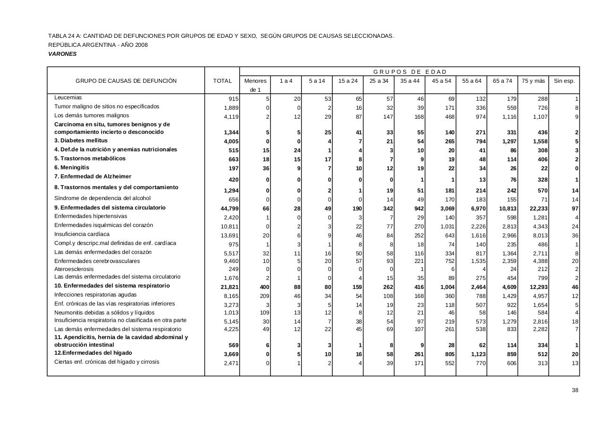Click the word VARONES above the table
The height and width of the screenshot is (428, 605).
tap(62, 54)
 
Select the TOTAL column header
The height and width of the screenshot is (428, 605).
tap(222, 81)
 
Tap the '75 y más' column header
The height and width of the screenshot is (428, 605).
tap(533, 81)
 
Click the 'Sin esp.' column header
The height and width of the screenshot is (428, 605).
tap(564, 81)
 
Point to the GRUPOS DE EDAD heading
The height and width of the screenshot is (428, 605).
tap(410, 72)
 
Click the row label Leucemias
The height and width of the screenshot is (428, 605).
tap(68, 97)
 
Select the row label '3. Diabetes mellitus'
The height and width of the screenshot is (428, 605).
tap(81, 140)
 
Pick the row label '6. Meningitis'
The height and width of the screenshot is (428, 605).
tap(72, 167)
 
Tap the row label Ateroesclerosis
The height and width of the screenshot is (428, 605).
tap(74, 269)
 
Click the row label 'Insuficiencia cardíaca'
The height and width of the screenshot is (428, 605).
tap(82, 234)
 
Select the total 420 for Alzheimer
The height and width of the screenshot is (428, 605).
tap(233, 180)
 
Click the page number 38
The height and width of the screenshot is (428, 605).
tap(575, 390)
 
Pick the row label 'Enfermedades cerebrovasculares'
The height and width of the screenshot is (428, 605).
tap(97, 261)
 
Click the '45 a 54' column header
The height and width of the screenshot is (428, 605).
tap(441, 81)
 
